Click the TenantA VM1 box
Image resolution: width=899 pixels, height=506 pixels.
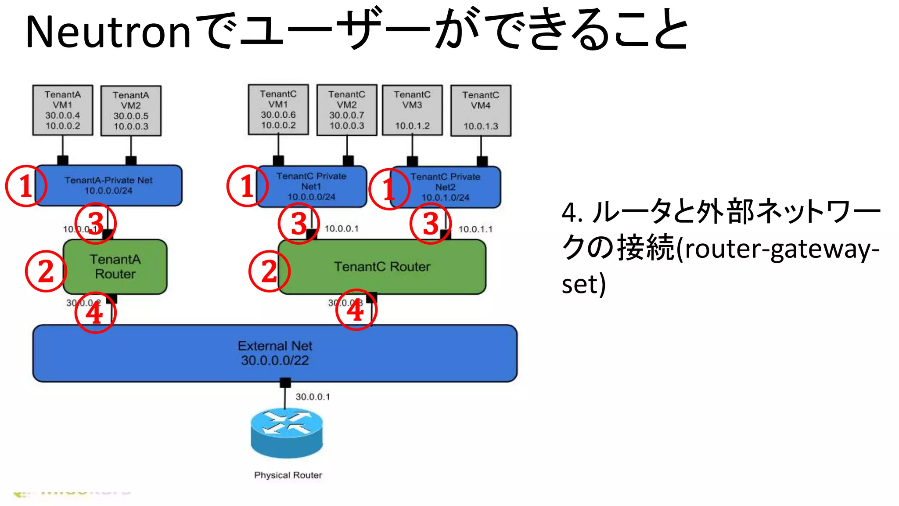click(63, 110)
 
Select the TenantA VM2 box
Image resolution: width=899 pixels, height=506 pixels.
click(131, 111)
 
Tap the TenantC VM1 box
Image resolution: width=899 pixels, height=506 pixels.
click(278, 109)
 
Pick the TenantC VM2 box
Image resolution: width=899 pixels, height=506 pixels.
click(347, 110)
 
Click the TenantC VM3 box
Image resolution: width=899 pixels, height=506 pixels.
click(412, 110)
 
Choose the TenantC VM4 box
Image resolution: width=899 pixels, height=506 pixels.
click(481, 111)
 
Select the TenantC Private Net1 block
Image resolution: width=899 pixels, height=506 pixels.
click(312, 187)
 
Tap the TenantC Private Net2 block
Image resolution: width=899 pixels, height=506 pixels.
click(446, 187)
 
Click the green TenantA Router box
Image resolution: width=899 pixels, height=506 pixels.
click(115, 267)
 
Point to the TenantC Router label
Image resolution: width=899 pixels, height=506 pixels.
click(382, 267)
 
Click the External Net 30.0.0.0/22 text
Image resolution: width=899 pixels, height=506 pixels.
click(275, 353)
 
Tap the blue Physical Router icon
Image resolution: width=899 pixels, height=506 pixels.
click(287, 433)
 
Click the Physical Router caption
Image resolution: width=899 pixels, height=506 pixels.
click(288, 475)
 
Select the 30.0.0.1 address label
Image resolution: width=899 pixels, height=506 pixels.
click(313, 397)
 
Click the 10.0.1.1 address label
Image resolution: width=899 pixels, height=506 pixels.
click(475, 229)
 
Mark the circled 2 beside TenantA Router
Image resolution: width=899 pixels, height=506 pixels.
click(46, 271)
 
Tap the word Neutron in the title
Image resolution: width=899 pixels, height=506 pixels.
click(108, 32)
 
